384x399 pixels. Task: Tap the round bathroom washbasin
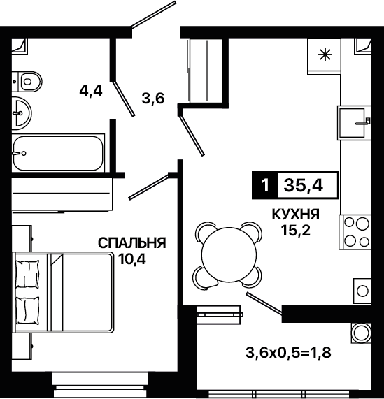22,113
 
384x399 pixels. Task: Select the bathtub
58,153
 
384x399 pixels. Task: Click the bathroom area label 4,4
91,91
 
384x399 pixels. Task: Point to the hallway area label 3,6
153,99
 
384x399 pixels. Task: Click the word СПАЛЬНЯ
132,243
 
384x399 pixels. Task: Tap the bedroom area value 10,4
132,259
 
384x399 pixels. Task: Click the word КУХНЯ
296,215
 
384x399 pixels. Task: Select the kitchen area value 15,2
296,231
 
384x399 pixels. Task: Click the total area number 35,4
304,185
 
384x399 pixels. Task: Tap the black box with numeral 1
265,185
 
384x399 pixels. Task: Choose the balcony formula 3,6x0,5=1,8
288,353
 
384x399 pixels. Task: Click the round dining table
229,254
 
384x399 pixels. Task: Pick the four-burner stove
355,232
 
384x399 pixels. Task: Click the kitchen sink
354,123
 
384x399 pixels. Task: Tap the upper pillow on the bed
27,274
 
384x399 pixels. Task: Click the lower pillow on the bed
27,311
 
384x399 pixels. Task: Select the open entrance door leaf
154,14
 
